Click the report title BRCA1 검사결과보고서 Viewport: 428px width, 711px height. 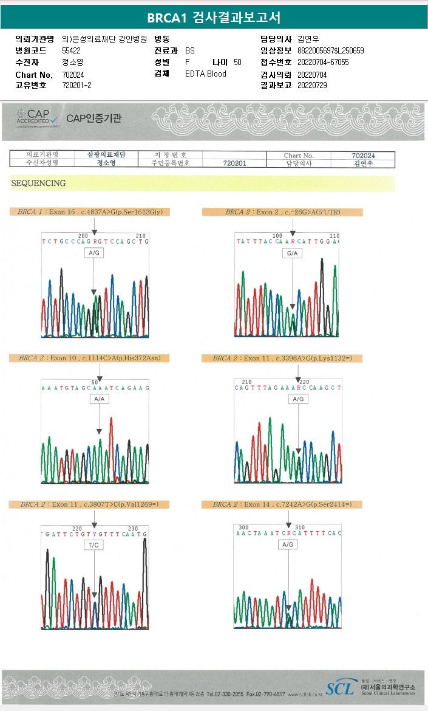(214, 18)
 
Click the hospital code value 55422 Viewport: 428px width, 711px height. (72, 51)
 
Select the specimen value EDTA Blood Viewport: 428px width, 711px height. (206, 74)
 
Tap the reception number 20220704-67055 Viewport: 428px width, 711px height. (323, 63)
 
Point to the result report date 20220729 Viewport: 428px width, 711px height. (312, 86)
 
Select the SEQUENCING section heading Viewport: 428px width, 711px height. (38, 183)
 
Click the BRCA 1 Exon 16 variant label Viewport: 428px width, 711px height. (90, 212)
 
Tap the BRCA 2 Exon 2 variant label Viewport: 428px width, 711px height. (282, 212)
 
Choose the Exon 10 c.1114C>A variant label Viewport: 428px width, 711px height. (89, 359)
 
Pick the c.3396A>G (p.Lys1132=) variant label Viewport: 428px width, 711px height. (282, 359)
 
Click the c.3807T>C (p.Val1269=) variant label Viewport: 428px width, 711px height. (89, 504)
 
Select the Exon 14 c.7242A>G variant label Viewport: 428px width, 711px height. (282, 504)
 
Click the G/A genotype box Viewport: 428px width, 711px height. (293, 253)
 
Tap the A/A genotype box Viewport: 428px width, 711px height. (100, 399)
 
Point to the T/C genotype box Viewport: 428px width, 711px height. (94, 546)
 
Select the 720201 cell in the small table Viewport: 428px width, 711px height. (234, 163)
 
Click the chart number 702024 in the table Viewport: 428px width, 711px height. (363, 156)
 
